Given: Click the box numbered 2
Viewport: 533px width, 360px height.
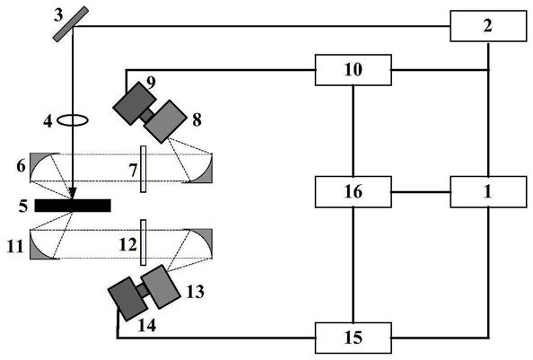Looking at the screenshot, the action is (x=488, y=26).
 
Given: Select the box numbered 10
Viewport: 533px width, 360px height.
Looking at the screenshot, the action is (x=354, y=70).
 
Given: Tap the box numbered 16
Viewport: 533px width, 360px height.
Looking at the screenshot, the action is (x=354, y=192).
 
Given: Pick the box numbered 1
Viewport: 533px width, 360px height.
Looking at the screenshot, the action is (x=488, y=192).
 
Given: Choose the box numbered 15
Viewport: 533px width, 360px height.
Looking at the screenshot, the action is (x=354, y=338).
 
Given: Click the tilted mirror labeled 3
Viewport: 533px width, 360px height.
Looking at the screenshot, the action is (x=71, y=24).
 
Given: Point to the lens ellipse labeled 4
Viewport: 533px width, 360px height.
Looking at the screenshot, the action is (x=73, y=120).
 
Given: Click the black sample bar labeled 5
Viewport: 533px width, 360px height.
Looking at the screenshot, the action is (x=73, y=206).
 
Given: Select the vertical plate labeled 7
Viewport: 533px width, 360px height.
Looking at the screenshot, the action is (x=144, y=169).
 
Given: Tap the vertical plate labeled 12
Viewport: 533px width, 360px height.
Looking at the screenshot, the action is (x=144, y=242).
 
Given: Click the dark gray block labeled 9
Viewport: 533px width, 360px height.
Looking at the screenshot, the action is (x=135, y=103).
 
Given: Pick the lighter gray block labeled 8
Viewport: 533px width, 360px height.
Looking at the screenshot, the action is (x=165, y=121).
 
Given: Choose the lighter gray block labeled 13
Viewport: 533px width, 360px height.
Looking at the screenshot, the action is (x=161, y=286).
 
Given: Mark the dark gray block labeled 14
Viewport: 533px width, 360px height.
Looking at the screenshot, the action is (x=127, y=299).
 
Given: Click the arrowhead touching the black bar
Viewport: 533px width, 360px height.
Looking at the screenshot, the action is (x=73, y=194).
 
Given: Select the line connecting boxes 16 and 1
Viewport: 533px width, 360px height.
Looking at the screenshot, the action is (x=421, y=192).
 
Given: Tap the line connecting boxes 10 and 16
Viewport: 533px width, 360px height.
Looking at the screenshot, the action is (x=354, y=131).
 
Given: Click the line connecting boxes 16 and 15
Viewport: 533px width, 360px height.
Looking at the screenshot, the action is (x=354, y=265).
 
